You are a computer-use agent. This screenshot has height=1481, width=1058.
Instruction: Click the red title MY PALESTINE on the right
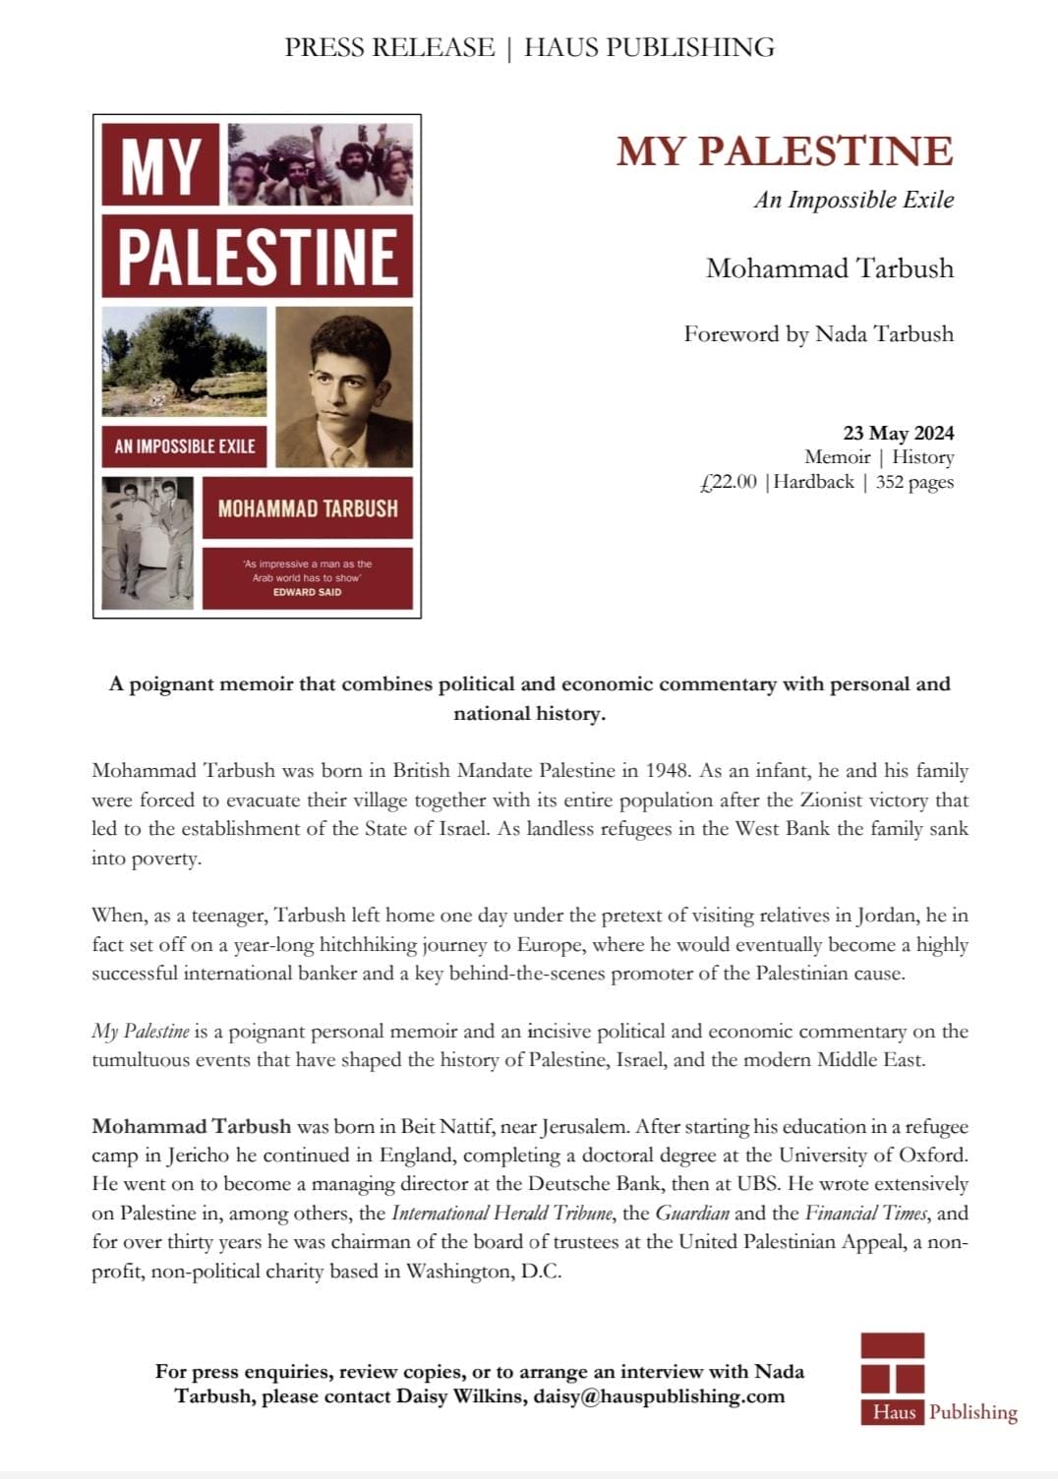tap(785, 151)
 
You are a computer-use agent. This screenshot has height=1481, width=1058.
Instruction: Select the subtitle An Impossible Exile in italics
tap(853, 200)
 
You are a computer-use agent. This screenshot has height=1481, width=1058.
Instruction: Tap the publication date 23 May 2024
tap(898, 433)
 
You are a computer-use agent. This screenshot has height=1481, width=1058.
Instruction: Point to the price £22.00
tap(729, 482)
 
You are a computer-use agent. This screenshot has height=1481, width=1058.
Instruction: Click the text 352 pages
tap(914, 482)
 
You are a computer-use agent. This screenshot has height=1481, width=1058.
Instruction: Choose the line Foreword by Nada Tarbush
tap(818, 334)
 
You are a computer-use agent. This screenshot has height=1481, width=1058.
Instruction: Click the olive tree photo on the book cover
tap(184, 361)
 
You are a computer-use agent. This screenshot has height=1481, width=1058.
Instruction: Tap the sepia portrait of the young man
tap(344, 386)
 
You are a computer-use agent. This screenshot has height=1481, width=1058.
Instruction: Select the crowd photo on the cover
tap(320, 163)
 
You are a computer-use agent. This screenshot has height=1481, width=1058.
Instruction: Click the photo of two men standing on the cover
tap(147, 542)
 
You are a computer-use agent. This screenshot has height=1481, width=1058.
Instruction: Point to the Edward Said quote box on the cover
tap(307, 578)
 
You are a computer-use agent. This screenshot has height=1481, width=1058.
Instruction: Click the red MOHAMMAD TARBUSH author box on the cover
tap(307, 508)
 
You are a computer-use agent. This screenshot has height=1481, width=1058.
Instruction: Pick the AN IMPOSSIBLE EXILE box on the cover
tap(184, 446)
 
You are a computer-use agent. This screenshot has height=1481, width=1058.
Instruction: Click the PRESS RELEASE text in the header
tap(389, 47)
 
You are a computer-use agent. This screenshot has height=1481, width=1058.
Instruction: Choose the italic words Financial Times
tap(865, 1213)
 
